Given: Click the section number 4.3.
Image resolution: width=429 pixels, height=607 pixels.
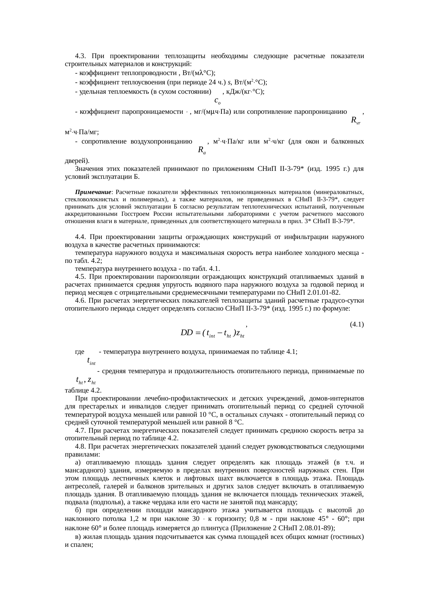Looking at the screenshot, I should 80,56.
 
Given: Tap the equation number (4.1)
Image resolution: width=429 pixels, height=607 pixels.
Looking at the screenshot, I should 356,324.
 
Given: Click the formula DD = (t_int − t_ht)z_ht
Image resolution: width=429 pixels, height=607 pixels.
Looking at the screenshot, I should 213,333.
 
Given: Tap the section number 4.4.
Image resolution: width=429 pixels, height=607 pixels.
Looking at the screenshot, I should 80,237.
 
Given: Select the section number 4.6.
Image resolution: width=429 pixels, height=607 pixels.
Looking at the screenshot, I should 80,300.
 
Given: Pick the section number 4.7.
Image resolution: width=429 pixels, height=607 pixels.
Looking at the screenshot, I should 80,431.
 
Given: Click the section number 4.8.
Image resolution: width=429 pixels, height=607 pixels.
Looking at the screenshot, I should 80,447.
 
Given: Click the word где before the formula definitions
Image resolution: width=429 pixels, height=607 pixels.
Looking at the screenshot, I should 80,352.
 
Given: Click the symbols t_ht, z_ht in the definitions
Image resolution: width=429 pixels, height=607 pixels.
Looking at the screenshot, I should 86,380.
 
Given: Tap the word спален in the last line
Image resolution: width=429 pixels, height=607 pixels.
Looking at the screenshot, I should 80,544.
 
